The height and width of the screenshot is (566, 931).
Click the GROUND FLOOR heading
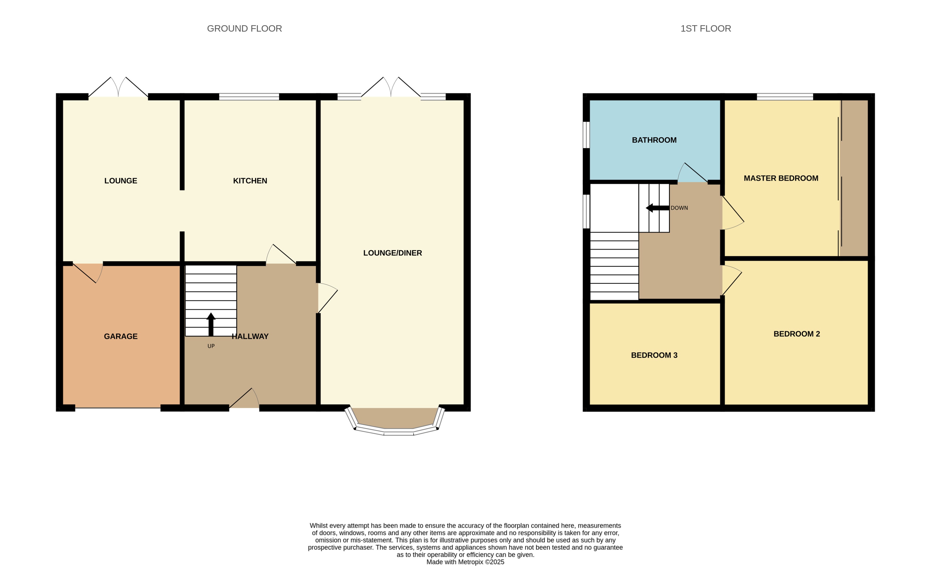244,29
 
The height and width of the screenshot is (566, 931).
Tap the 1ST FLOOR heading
705,29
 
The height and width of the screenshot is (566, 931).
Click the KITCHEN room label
250,181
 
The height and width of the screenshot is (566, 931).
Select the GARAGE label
120,336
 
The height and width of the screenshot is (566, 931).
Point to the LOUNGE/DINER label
392,253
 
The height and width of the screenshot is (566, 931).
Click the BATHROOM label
654,140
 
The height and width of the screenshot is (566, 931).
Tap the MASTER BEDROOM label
781,178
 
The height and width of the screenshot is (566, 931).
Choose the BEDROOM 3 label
654,355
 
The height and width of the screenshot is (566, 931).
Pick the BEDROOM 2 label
796,334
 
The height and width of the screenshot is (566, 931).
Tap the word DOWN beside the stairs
679,208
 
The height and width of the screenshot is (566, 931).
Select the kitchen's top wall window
249,97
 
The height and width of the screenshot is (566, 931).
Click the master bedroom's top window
784,97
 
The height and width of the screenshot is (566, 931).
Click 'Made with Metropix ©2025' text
465,562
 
